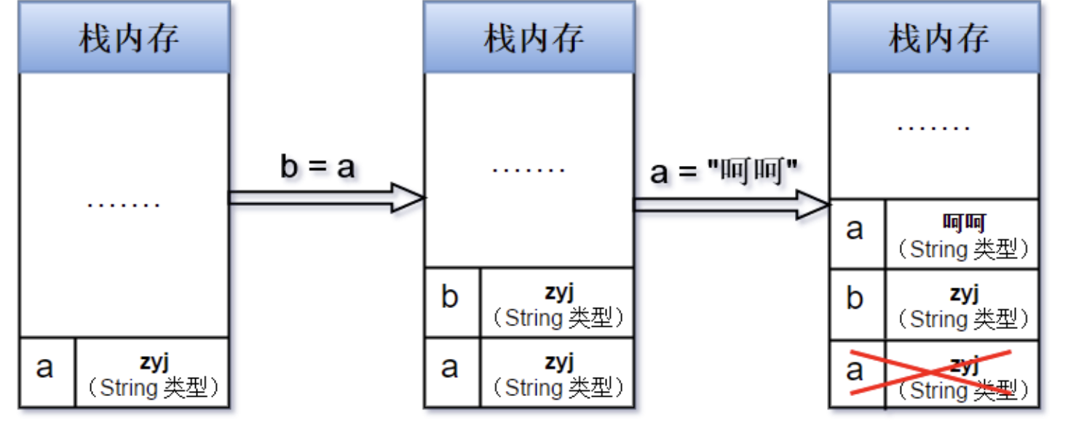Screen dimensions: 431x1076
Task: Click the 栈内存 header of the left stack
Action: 124,38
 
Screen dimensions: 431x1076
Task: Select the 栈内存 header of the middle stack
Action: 529,38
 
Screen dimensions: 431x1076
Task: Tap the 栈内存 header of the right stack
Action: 934,38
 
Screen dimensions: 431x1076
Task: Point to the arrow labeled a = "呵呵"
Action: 731,205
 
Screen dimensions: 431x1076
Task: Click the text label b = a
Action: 317,167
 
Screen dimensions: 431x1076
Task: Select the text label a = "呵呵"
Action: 724,173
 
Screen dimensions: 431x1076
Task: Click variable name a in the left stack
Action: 45,367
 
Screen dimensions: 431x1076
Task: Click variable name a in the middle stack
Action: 451,367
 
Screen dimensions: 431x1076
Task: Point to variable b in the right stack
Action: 856,298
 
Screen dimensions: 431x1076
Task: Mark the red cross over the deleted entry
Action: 933,373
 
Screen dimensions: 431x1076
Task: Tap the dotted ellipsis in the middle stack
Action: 529,170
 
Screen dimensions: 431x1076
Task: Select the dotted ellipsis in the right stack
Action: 934,127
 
